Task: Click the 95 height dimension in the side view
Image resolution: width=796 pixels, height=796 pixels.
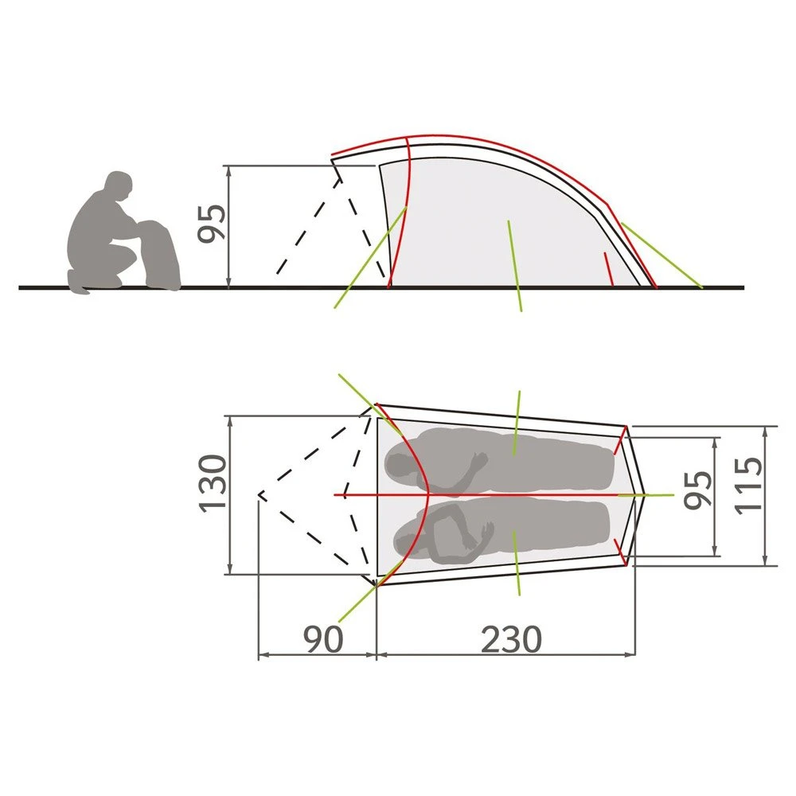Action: click(211, 224)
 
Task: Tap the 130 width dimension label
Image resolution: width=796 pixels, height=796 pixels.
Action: click(212, 484)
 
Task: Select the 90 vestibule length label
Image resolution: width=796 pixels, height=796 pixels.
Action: click(323, 639)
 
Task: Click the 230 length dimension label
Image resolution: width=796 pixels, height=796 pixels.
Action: click(511, 639)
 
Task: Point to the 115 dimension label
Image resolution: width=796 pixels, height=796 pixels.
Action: click(749, 486)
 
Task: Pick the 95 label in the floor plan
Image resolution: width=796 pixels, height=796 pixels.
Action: click(698, 490)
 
